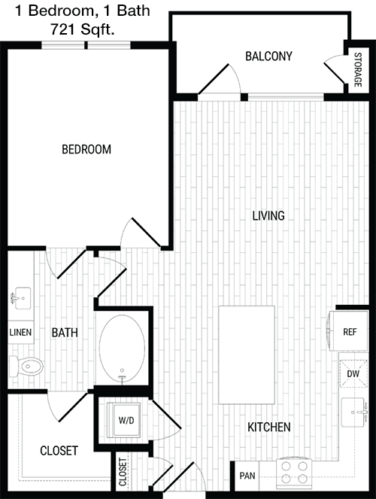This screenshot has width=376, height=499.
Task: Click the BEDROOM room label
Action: (x=86, y=149)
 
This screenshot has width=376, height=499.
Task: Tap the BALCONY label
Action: (x=268, y=56)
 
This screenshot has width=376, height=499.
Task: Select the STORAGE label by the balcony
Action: (x=358, y=70)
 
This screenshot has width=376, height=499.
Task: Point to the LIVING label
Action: (x=268, y=216)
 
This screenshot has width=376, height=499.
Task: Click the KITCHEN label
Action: (x=269, y=427)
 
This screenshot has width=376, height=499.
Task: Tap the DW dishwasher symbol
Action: (x=353, y=373)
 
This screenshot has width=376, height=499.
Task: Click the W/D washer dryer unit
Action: (x=123, y=420)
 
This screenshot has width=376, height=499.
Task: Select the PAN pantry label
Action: (x=247, y=476)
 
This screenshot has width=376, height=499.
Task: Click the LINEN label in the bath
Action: (x=20, y=333)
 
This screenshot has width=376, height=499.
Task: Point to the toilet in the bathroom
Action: (x=26, y=367)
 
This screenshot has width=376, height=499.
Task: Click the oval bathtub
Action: (x=122, y=348)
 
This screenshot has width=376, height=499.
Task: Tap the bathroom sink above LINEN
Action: (x=21, y=298)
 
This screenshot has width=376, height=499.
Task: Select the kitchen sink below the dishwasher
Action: (x=353, y=412)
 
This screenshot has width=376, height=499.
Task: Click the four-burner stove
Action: (x=294, y=473)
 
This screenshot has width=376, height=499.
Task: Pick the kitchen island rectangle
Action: (x=247, y=355)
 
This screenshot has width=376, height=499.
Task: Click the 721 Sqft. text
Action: (x=82, y=29)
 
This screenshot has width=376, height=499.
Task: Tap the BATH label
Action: (x=65, y=333)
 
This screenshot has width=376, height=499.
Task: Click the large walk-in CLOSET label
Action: (x=59, y=451)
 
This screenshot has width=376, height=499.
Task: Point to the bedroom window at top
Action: (x=86, y=45)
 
